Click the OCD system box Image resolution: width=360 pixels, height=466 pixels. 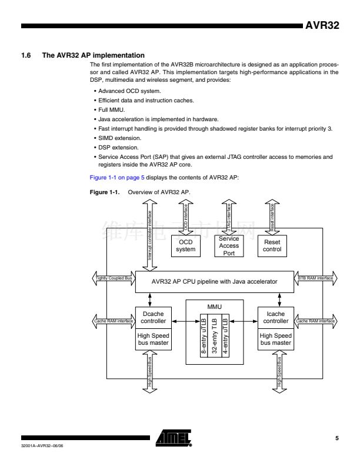point(185,246)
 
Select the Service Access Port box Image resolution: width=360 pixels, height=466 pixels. point(229,246)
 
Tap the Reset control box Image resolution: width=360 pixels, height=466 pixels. point(272,246)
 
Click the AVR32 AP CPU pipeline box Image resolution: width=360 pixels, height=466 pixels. point(214,281)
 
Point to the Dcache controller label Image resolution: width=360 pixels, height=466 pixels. point(154,318)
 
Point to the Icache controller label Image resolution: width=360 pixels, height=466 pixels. point(275,318)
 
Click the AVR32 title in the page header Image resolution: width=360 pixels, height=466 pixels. point(322,26)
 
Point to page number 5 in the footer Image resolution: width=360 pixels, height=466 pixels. point(337,438)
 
